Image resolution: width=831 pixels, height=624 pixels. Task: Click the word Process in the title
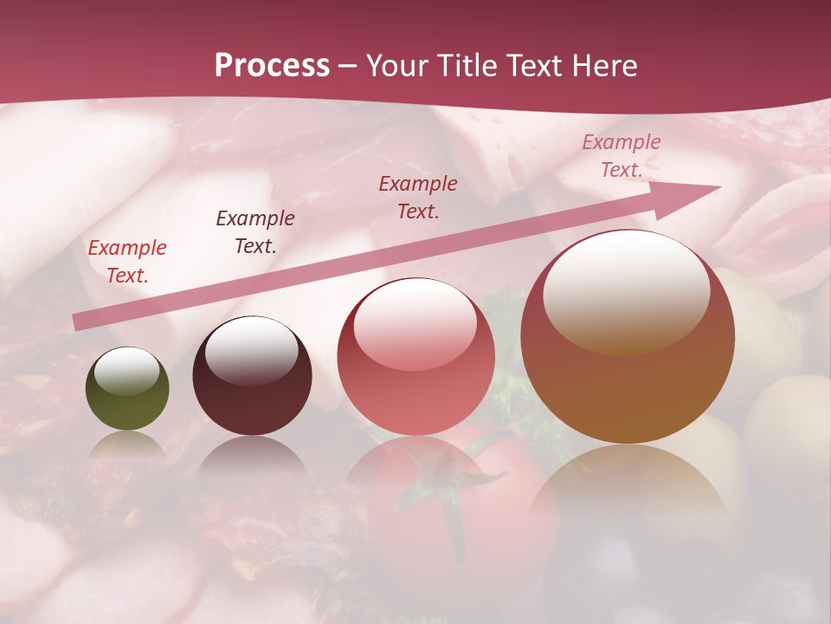(272, 65)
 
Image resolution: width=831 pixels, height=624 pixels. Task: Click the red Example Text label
(127, 261)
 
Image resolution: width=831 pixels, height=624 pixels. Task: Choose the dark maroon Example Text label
(255, 231)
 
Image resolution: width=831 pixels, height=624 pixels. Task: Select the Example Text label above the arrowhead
(621, 156)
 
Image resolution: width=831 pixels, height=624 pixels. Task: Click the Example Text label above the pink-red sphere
(418, 197)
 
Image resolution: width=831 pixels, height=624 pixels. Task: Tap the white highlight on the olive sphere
(127, 371)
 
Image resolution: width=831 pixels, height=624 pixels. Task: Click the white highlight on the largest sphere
(626, 289)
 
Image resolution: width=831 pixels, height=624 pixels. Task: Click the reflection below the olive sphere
(127, 446)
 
